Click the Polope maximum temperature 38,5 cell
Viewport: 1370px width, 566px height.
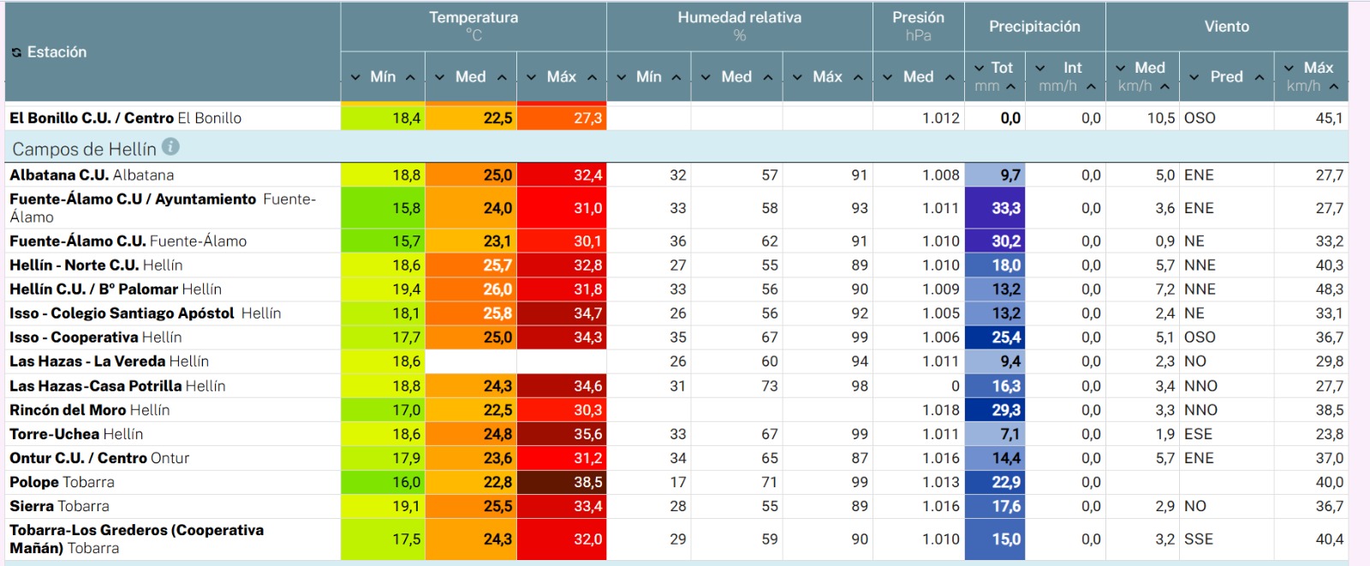[562, 482]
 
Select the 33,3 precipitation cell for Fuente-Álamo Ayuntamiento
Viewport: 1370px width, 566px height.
[995, 208]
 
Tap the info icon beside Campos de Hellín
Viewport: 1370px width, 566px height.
[170, 147]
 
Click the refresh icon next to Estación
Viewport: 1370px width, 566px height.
[16, 52]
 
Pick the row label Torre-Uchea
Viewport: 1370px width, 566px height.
[55, 434]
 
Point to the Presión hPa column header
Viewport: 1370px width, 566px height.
[918, 27]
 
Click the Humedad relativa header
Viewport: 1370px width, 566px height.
[740, 18]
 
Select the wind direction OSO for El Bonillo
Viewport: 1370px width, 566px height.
[1200, 118]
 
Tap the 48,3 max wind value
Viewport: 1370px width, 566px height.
[1329, 289]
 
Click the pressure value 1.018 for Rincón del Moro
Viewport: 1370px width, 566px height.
[941, 410]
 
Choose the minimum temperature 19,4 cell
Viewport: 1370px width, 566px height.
[383, 289]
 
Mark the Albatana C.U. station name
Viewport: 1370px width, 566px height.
[59, 175]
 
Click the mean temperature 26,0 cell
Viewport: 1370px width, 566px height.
[471, 289]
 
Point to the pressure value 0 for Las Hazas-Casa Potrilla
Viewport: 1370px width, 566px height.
[955, 386]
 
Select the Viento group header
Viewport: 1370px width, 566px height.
[1226, 27]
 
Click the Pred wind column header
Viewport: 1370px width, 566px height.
[1226, 76]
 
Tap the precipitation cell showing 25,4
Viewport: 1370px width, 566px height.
[995, 337]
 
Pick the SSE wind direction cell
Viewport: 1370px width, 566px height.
[1198, 539]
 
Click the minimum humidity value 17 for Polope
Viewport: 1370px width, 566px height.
[677, 482]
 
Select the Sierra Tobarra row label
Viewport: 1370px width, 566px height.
[59, 506]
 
